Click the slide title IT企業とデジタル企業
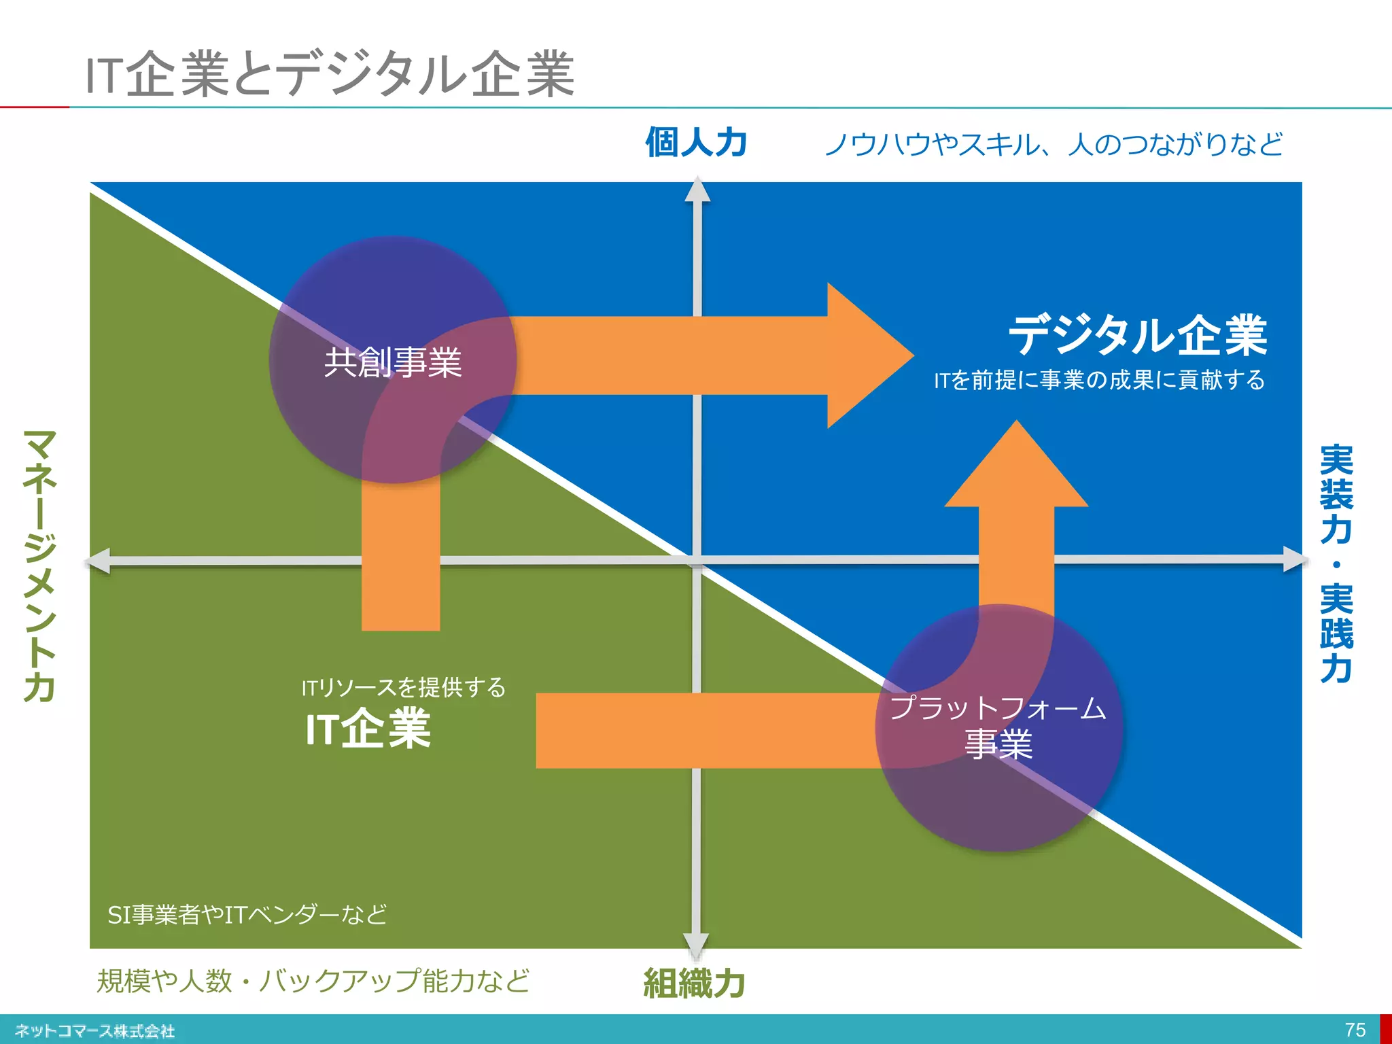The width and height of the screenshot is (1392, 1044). (330, 74)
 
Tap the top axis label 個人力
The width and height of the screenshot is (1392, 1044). (696, 143)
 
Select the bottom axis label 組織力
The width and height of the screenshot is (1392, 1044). (694, 983)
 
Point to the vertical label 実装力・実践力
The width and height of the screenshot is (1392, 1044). (1336, 564)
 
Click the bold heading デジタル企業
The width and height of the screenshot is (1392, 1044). (1137, 336)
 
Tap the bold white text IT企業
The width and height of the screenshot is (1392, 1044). (368, 729)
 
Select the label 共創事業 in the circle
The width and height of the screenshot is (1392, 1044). (393, 362)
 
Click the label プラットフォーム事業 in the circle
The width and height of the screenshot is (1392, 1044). (998, 726)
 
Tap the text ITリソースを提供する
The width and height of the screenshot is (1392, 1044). (404, 687)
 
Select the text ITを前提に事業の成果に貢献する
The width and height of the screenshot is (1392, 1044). (1099, 380)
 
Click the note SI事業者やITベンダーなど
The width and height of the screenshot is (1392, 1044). (247, 914)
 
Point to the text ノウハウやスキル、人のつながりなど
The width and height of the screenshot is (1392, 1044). (1053, 144)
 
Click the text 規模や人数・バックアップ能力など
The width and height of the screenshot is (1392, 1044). (313, 981)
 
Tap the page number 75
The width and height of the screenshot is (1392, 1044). (1355, 1030)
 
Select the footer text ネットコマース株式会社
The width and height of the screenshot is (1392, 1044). (95, 1030)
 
